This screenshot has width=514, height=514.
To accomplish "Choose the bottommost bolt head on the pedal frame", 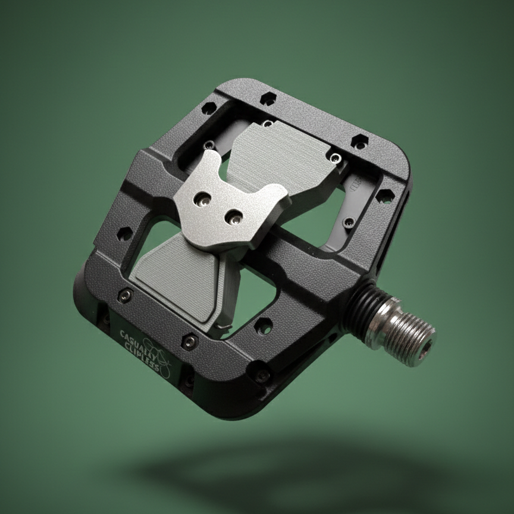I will click(x=261, y=374).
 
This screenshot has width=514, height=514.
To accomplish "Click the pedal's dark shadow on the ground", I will click(x=297, y=470).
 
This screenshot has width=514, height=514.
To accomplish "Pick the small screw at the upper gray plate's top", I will click(x=268, y=123).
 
